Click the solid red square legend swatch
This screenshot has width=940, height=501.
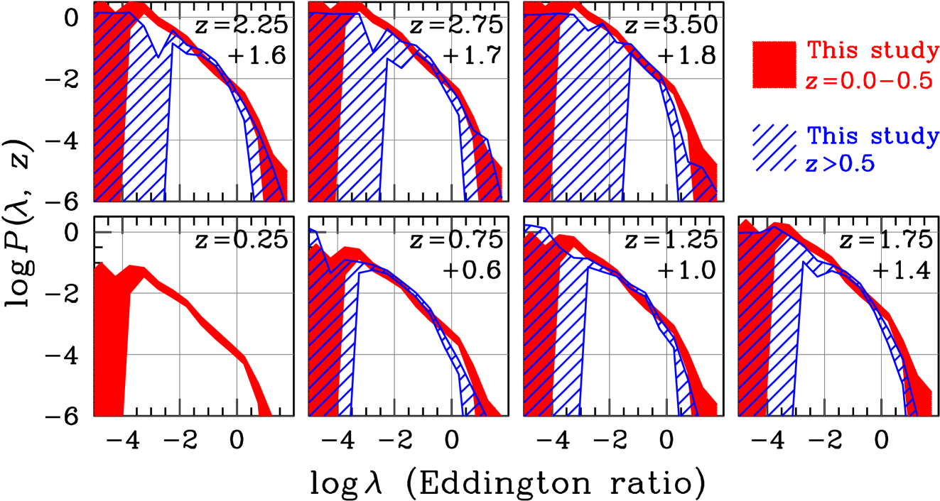[774, 65]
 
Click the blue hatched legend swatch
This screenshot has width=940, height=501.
[774, 148]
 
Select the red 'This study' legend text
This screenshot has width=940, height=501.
[873, 51]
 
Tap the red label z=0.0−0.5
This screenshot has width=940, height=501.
[868, 80]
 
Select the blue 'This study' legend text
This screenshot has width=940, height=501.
[873, 136]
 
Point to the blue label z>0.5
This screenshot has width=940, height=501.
[839, 165]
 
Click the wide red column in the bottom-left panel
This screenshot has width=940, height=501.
[110, 341]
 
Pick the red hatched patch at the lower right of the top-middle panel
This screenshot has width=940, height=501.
[487, 170]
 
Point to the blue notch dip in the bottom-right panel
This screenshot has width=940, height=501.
[819, 272]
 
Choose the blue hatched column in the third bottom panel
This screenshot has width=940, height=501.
[568, 341]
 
